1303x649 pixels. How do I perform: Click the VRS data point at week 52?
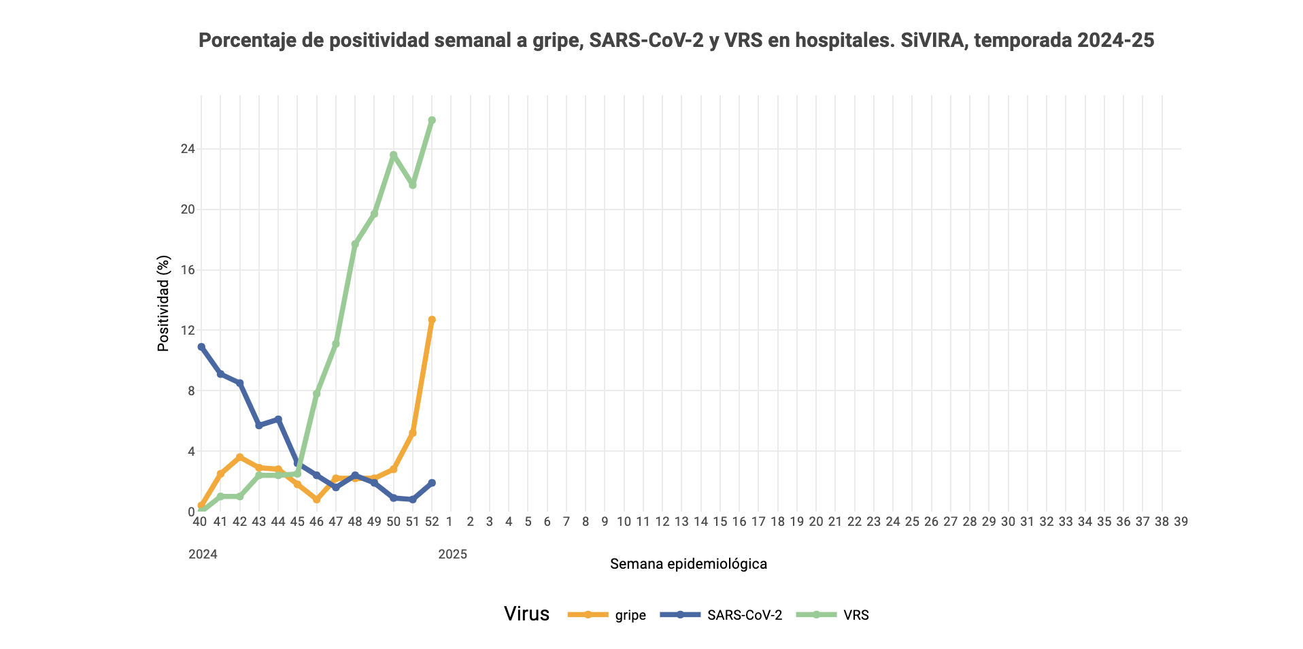pos(432,120)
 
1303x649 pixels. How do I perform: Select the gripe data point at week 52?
pos(432,320)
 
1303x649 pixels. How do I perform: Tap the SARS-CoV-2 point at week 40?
pos(201,347)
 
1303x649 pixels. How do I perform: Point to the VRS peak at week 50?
pos(393,155)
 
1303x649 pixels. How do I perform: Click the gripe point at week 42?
pos(239,457)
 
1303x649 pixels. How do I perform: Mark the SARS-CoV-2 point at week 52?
pos(432,483)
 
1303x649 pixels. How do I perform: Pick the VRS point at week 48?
pos(355,244)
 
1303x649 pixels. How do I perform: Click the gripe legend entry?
pos(607,615)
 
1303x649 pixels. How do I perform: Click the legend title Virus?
pos(526,614)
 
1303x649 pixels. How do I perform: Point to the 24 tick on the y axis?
pos(187,149)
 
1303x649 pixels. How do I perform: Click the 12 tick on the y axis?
pos(187,331)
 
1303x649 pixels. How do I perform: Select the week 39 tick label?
pos(1181,522)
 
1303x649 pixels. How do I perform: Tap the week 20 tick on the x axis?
pos(815,522)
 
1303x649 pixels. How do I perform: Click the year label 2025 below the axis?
pos(452,554)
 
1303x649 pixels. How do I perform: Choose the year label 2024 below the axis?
pos(203,554)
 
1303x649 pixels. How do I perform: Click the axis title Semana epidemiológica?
pos(688,564)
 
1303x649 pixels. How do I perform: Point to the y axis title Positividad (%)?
pos(163,303)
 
